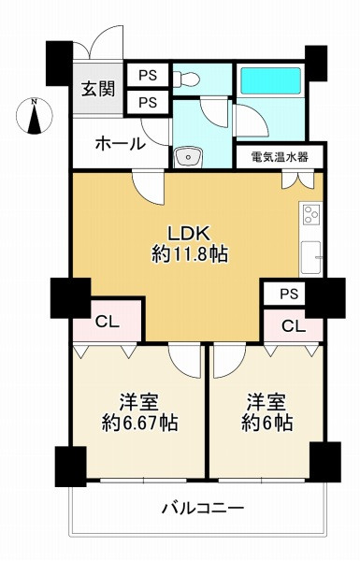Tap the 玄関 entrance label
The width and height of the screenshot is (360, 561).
click(x=96, y=90)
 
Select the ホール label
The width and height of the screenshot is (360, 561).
click(x=120, y=143)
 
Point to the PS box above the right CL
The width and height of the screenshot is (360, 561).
click(x=288, y=294)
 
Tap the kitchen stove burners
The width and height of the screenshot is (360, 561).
click(x=310, y=218)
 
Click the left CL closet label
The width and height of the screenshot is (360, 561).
click(x=107, y=321)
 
